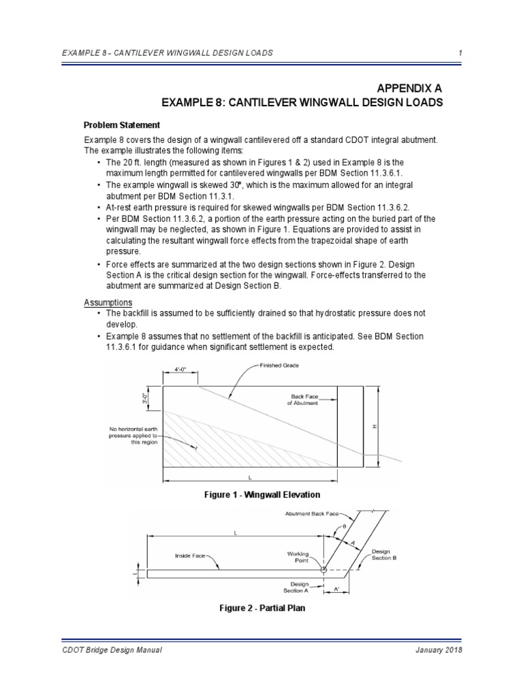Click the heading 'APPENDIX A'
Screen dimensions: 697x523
click(407, 88)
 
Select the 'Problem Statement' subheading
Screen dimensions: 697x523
click(122, 125)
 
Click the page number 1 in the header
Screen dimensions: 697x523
click(461, 52)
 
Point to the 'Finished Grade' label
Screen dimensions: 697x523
click(279, 366)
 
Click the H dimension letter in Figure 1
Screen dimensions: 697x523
click(374, 426)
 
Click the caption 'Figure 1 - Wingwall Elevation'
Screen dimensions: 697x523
click(261, 494)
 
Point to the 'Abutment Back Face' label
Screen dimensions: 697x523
click(311, 515)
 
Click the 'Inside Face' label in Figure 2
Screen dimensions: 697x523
click(190, 556)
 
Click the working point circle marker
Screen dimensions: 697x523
click(324, 568)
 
